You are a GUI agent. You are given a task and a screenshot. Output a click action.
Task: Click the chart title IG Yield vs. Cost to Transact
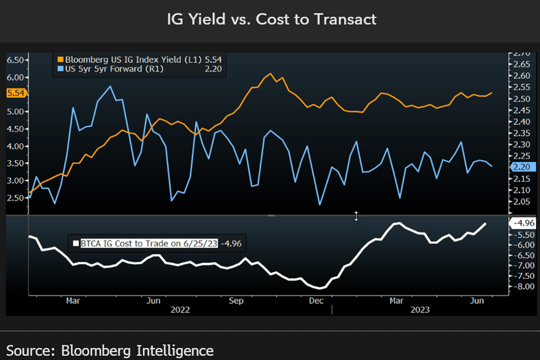tap(270, 20)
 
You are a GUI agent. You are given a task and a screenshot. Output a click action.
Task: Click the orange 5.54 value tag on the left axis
tap(16, 93)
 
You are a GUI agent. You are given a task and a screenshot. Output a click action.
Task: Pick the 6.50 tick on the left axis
tap(16, 59)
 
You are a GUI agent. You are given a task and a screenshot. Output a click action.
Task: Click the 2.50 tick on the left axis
tap(16, 197)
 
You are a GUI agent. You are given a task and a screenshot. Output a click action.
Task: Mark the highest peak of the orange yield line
tap(270, 74)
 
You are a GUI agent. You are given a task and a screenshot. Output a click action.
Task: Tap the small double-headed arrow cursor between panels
tap(357, 215)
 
